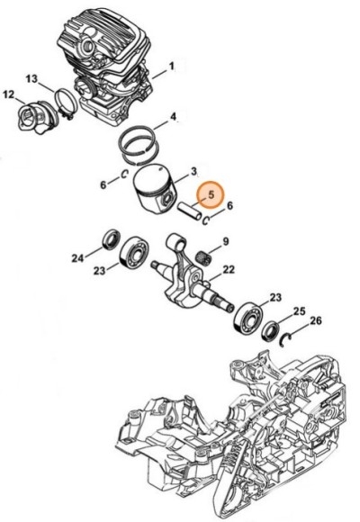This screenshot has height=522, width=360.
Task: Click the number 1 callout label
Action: point(171,65)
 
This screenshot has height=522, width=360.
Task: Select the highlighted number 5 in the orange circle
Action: point(211,194)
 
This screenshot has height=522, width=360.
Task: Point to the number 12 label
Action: point(8,94)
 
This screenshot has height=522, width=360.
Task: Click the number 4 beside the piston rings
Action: point(173,116)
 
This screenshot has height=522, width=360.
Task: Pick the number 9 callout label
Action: point(226,241)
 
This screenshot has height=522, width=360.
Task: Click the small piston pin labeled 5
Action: point(191,213)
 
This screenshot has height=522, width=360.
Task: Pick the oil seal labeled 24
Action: point(112,239)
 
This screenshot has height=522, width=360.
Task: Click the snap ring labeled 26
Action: point(287,337)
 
